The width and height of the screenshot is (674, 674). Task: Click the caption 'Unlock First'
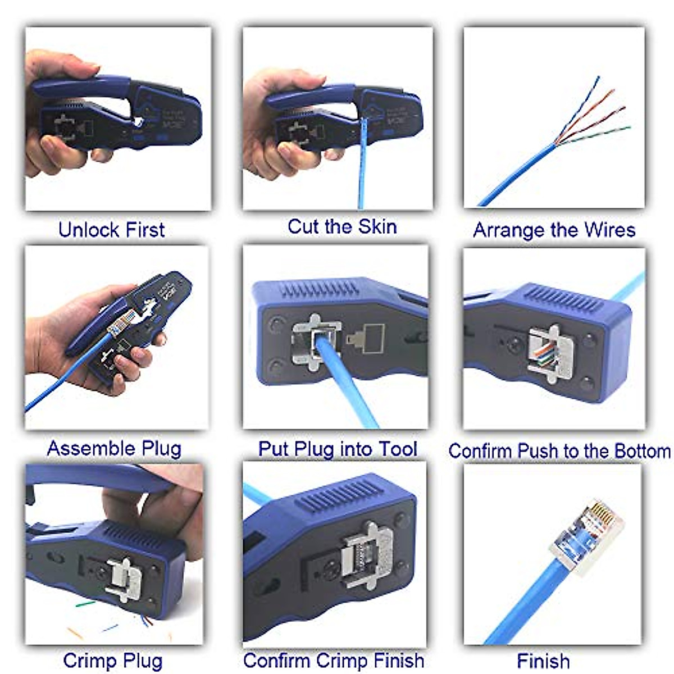[111, 230]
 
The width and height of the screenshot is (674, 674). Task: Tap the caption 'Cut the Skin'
[342, 226]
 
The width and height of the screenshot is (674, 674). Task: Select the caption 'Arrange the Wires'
[554, 230]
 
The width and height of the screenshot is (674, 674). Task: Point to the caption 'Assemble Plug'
[114, 448]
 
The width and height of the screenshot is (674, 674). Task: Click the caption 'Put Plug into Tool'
[337, 449]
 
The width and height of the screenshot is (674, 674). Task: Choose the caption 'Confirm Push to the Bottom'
[559, 450]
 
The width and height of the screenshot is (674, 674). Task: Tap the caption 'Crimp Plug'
[112, 661]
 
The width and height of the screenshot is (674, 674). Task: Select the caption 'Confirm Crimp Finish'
[334, 660]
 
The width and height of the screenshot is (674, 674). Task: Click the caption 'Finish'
[543, 661]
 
